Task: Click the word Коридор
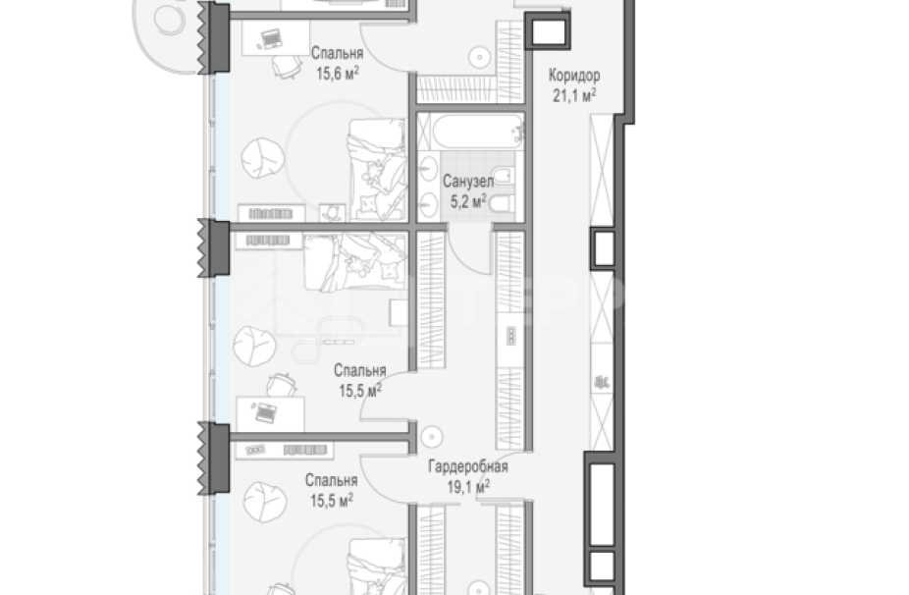tap(574, 76)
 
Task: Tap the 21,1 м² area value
tap(574, 95)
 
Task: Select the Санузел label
tap(468, 182)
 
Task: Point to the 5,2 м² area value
tap(468, 201)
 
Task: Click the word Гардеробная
tap(468, 466)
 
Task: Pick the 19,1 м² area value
tap(468, 487)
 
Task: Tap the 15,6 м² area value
tap(338, 73)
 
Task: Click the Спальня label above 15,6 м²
tap(338, 53)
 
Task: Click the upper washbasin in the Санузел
tap(428, 169)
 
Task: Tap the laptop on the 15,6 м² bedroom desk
tap(270, 39)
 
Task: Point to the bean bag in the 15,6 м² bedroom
tap(263, 158)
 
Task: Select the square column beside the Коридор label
tap(548, 31)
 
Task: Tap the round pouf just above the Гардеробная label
tap(431, 437)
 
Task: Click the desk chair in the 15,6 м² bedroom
tap(287, 66)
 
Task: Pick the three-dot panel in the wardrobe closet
tap(510, 336)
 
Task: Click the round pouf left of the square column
tap(479, 57)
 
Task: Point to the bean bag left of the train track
tap(254, 346)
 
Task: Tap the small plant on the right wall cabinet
tap(601, 382)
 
